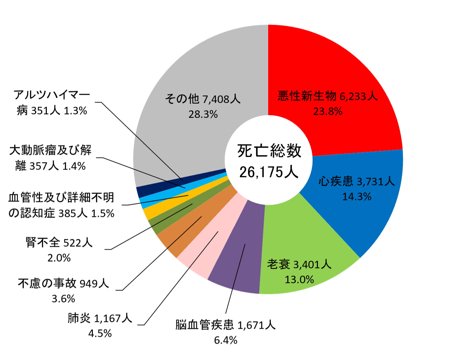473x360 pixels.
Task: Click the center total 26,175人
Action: tap(269, 172)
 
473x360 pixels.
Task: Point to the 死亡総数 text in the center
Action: tap(269, 151)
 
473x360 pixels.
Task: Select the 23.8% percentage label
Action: tap(328, 112)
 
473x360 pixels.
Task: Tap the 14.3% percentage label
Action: tap(357, 197)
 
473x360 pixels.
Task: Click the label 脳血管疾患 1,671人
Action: tap(225, 325)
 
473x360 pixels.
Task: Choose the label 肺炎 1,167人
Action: tap(100, 318)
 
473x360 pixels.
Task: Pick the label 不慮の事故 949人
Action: tap(63, 283)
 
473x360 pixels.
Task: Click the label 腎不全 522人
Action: tap(59, 243)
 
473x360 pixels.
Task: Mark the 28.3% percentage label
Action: tap(203, 114)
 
